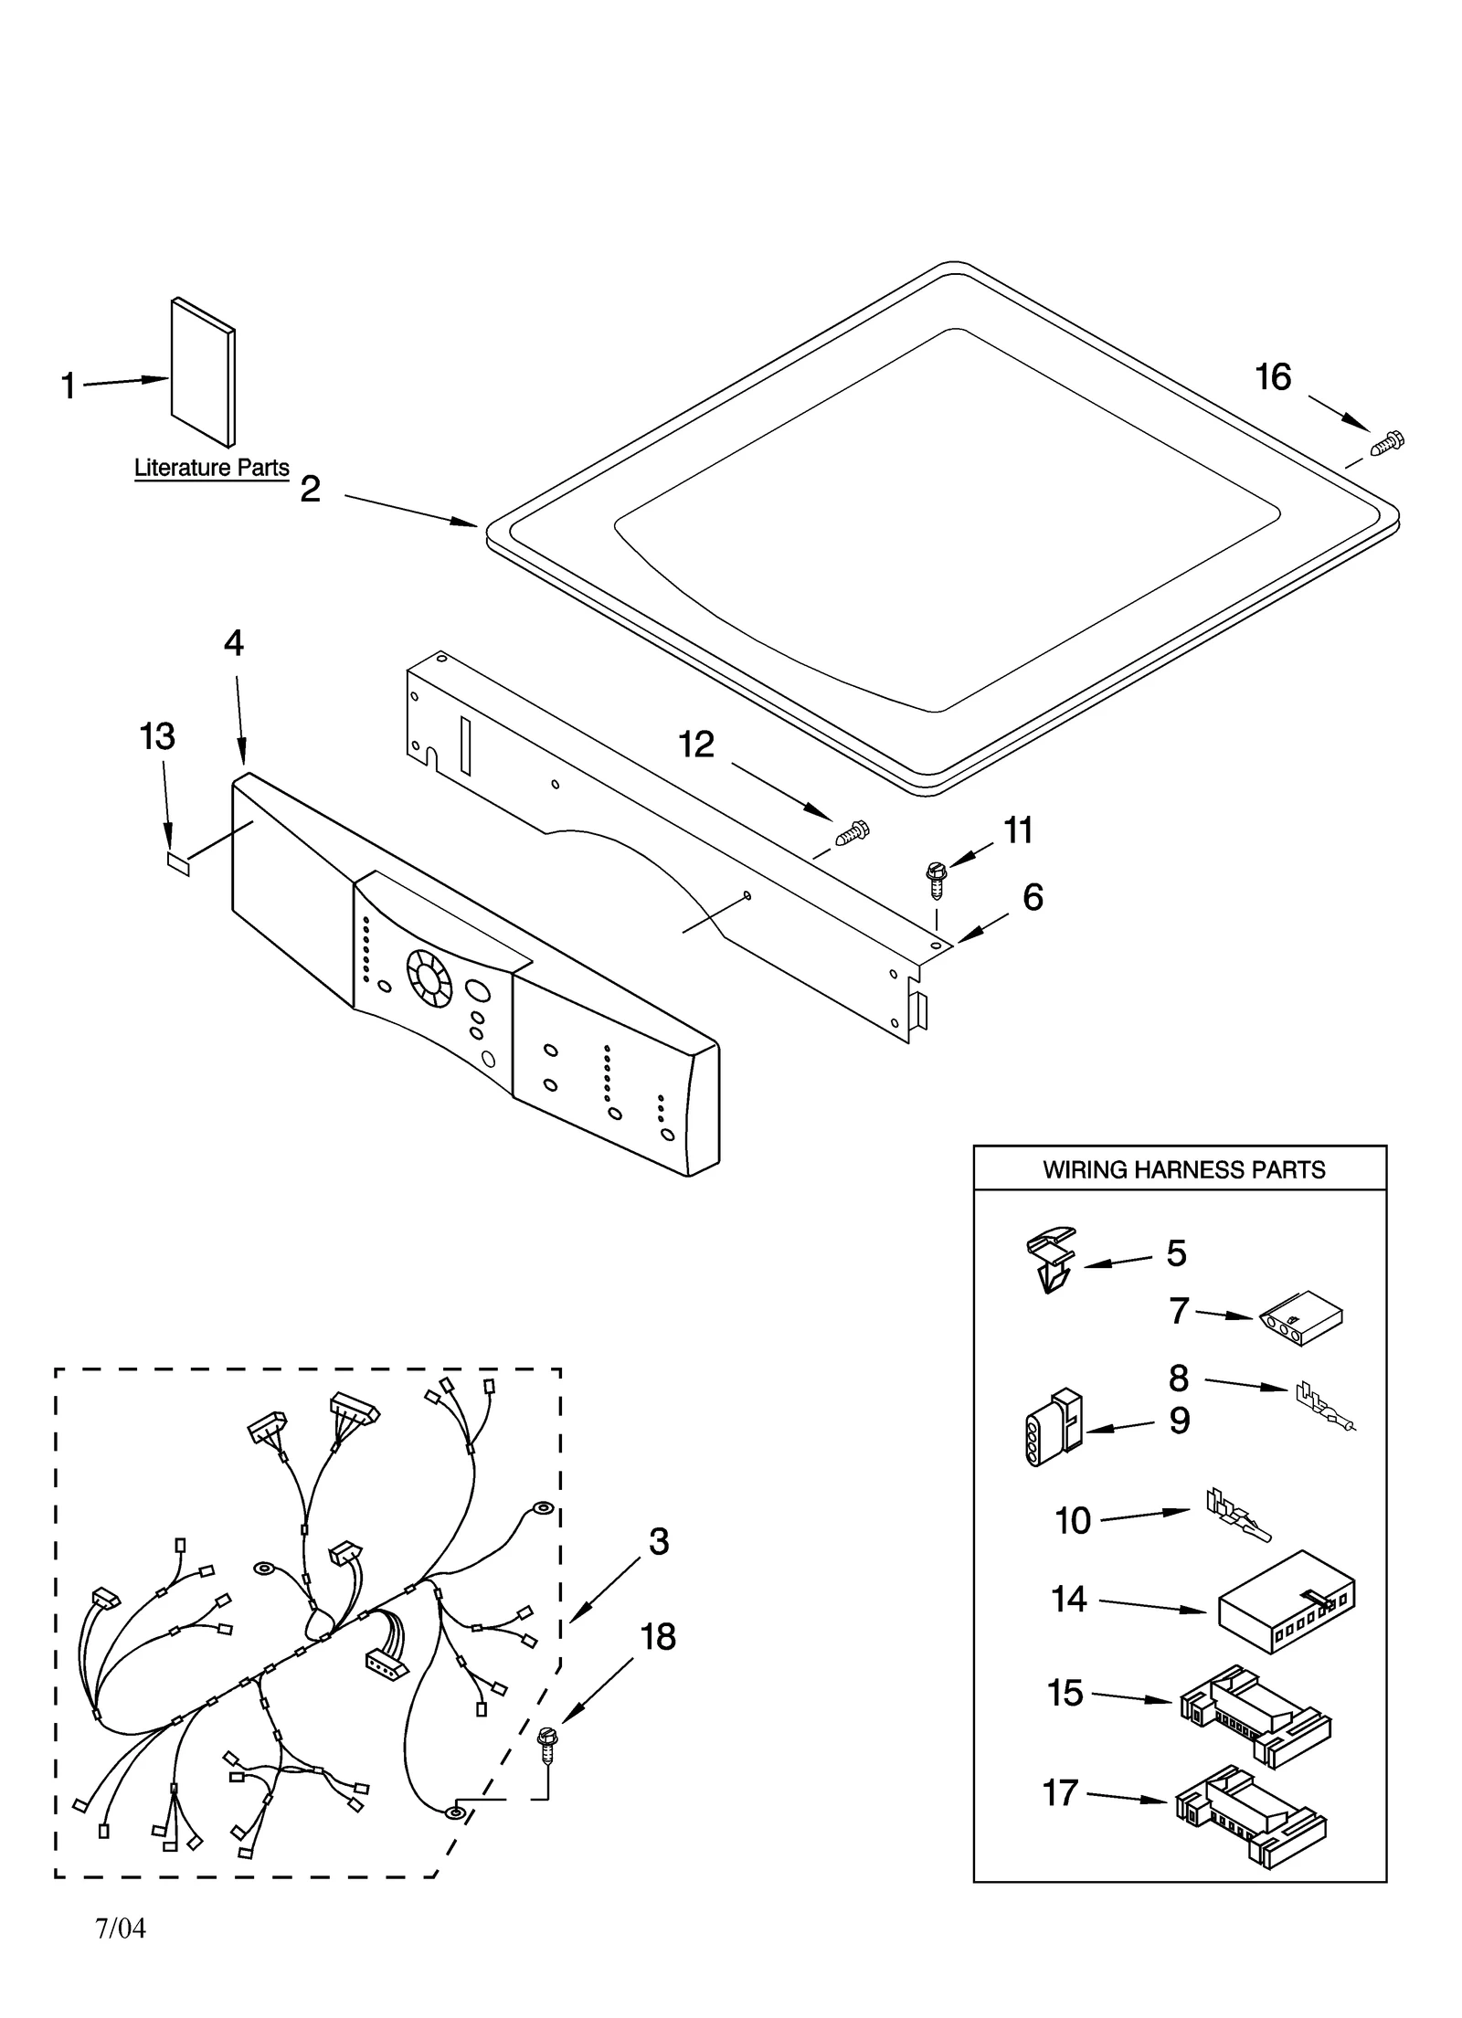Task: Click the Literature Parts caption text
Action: click(211, 468)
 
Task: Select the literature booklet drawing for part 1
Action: click(203, 372)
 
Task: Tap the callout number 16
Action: click(1273, 377)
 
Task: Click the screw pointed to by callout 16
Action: click(1387, 444)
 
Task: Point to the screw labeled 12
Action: click(852, 833)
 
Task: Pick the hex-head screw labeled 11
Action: click(935, 880)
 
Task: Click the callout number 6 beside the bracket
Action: click(1033, 897)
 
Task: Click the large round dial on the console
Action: click(429, 975)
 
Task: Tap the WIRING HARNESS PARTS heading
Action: click(1183, 1169)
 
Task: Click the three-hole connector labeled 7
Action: click(1301, 1317)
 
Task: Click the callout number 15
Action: click(1065, 1693)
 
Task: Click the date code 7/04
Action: click(120, 1928)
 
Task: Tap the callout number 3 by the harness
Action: click(658, 1541)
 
